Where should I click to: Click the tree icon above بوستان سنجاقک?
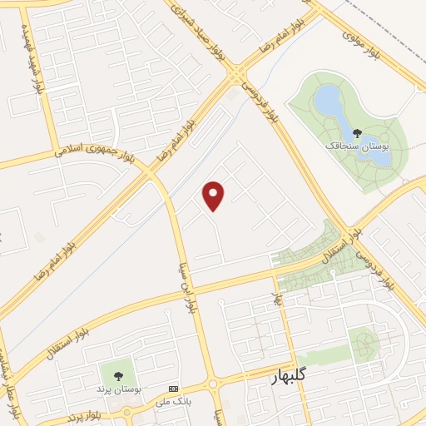tap(357, 132)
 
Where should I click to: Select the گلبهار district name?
tap(295, 378)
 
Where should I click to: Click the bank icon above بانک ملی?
tap(173, 389)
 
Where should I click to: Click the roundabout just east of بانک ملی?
tap(214, 385)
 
